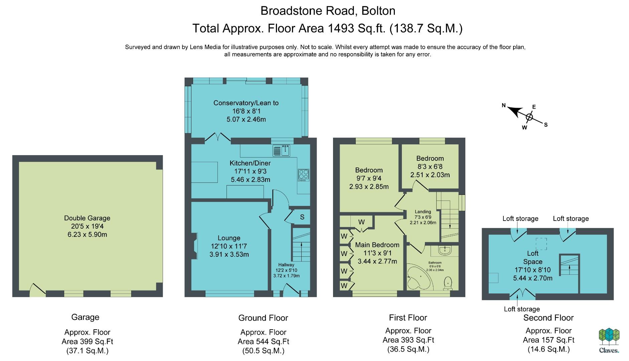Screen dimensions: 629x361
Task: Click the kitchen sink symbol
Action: coord(282,151)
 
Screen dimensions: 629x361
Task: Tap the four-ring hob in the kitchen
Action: coord(304,175)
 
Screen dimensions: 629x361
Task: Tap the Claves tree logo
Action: coord(609,337)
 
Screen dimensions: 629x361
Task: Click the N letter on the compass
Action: coord(504,106)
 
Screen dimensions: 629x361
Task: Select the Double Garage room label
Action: coord(87,218)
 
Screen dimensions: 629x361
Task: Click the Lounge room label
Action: coord(229,238)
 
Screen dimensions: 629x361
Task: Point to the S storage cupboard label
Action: coord(302,217)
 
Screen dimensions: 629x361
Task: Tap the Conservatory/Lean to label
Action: coord(246,103)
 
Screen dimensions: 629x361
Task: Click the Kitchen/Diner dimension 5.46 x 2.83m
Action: coord(251,179)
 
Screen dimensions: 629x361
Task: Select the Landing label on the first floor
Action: coord(423,212)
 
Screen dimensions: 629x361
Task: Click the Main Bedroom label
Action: coord(377,245)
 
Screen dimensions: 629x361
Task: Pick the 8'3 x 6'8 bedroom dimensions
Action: coord(430,166)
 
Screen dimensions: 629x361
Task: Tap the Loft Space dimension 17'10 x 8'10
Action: coord(533,270)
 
